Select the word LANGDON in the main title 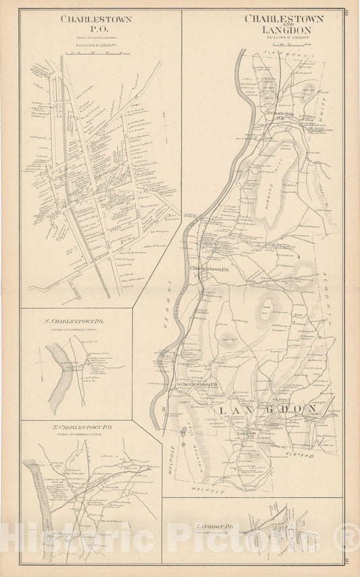284,30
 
